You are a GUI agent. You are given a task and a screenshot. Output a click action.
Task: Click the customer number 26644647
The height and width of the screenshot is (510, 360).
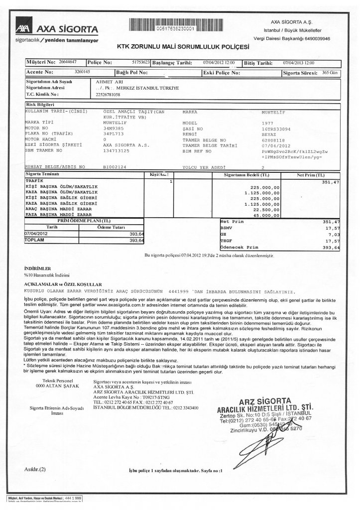(x=67, y=63)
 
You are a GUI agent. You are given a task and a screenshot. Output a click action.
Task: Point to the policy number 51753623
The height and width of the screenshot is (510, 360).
(x=141, y=63)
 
